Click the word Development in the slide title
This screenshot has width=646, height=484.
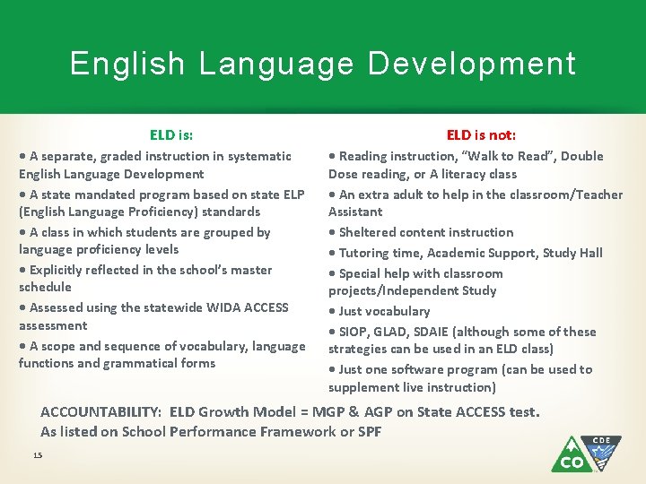tap(471, 65)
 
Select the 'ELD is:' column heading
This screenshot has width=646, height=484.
tap(171, 135)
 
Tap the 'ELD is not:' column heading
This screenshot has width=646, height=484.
tap(481, 135)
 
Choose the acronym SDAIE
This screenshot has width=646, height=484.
tap(436, 332)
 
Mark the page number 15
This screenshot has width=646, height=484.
tap(38, 456)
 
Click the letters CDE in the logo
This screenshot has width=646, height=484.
tap(601, 441)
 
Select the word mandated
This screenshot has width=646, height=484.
tap(115, 194)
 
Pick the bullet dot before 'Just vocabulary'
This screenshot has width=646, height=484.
tap(332, 312)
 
